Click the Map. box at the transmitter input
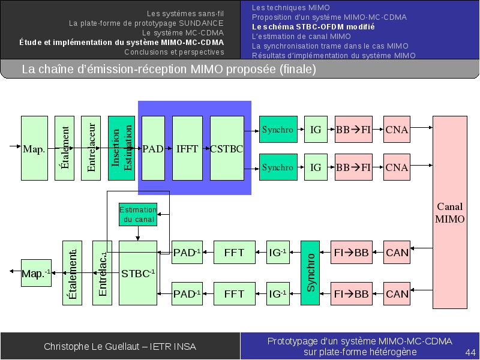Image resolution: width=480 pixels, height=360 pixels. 34,148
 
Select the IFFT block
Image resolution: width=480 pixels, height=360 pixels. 187,148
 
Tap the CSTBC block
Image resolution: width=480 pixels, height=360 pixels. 227,148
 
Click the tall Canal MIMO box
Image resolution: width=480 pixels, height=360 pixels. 449,212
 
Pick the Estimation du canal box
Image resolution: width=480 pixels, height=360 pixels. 138,214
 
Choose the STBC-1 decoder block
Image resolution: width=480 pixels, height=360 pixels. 138,273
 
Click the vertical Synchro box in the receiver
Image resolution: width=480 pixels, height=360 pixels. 310,273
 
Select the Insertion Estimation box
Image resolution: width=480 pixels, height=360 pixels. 121,148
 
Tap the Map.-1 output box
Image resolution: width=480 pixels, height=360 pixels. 36,273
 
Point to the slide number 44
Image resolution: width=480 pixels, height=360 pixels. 470,352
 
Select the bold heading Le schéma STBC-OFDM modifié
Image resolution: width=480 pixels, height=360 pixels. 313,27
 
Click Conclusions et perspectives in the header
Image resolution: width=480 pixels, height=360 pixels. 174,52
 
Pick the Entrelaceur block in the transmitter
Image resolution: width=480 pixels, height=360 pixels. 91,148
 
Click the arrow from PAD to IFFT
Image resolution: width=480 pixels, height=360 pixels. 169,148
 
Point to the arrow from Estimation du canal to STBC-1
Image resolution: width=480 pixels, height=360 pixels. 138,233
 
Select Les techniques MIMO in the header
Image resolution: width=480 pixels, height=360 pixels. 291,8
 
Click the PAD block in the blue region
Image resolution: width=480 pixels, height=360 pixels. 153,148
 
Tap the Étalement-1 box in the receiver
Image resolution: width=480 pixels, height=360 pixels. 72,273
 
